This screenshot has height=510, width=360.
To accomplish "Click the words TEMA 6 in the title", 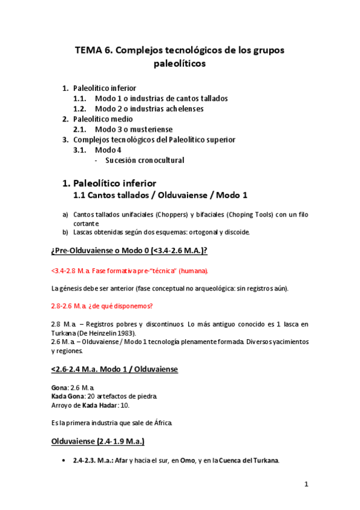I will coord(91,51).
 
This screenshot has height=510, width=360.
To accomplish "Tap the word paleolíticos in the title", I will coord(180,63).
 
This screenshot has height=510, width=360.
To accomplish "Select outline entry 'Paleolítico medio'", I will coord(103,119).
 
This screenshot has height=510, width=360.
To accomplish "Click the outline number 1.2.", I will coord(81,109).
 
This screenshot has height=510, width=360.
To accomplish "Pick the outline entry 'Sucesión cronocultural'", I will coord(144,160).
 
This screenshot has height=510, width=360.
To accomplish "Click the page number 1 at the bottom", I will coord(306,484).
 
